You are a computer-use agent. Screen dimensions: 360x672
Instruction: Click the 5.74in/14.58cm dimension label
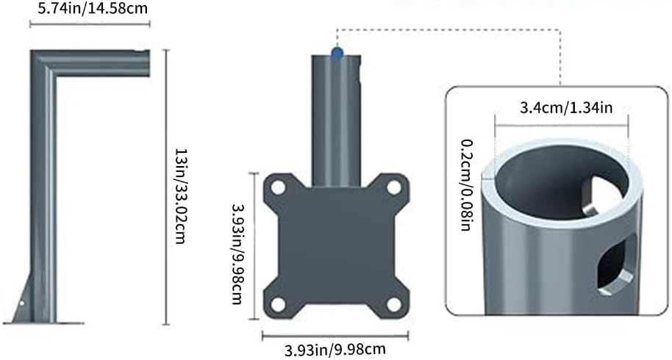[x=88, y=9]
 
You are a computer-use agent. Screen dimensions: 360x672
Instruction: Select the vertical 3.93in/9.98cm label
[x=236, y=247]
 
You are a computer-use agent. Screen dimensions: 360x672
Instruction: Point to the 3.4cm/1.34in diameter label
[x=562, y=108]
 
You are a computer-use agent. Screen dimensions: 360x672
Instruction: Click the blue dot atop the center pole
[x=337, y=53]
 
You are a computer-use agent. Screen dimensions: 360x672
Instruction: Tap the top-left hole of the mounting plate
[x=278, y=188]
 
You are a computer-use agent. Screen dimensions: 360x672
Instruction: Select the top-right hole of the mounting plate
[x=394, y=188]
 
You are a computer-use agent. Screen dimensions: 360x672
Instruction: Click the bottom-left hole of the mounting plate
[x=278, y=304]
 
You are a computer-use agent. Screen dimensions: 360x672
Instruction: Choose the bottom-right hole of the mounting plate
[x=394, y=304]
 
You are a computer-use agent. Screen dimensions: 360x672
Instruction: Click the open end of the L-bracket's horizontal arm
[x=146, y=62]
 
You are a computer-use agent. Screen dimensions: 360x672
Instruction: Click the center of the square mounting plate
[x=336, y=246]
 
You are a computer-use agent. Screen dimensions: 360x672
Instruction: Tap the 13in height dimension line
[x=165, y=187]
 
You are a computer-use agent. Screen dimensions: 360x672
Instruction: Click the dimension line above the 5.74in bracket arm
[x=88, y=24]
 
